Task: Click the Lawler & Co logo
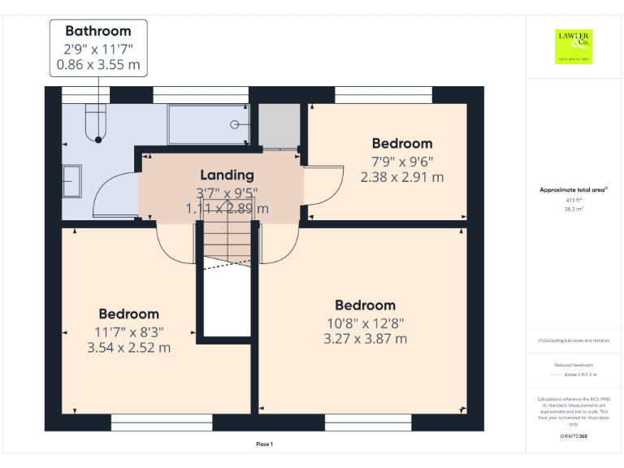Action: pos(574,45)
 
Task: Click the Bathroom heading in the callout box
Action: pos(98,31)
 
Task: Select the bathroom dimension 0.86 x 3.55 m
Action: pos(98,64)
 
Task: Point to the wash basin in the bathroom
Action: pos(71,180)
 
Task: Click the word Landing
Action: pos(227,175)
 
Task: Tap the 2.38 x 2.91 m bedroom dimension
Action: pos(402,176)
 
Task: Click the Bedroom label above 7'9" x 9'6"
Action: pos(402,144)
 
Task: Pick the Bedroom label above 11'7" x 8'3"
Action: pos(129,314)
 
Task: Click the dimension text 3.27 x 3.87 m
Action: pos(366,339)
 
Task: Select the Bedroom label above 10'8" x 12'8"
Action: pos(366,305)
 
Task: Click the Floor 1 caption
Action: pos(264,444)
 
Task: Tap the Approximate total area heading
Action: pos(574,189)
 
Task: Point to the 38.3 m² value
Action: pos(574,209)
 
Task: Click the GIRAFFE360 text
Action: pos(574,437)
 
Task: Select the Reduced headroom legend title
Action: pos(574,365)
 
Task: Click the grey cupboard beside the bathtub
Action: pos(279,125)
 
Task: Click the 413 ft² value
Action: pos(574,200)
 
